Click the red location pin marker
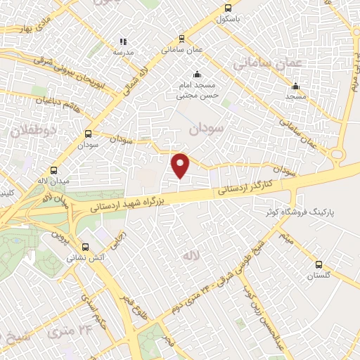pos(181,165)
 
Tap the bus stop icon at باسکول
pos(227,8)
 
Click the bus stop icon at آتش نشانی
pos(86,247)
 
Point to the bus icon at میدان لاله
pos(54,170)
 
